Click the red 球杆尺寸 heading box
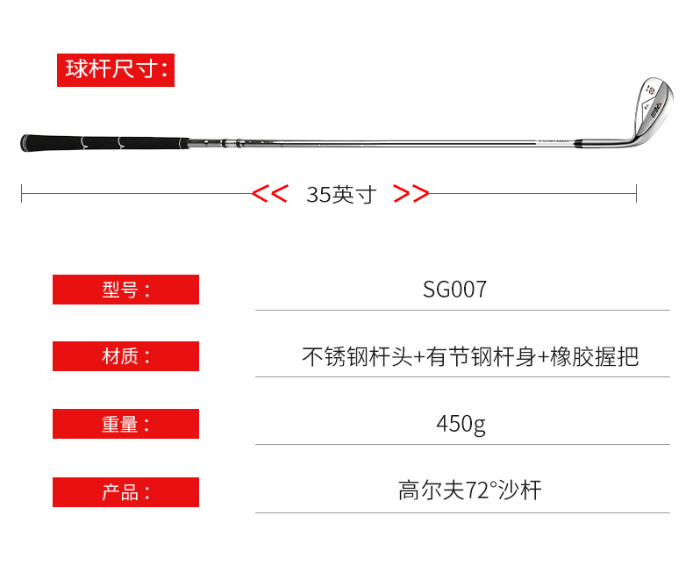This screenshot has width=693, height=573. tap(116, 70)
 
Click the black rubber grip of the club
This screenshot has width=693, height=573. tap(105, 142)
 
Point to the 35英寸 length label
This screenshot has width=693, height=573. tap(340, 194)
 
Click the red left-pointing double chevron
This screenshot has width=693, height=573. tap(269, 194)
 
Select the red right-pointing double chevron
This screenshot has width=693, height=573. tap(411, 194)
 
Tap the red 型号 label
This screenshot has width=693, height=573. tap(125, 290)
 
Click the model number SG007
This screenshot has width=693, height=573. tap(454, 290)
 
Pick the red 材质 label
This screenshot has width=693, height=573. tap(125, 356)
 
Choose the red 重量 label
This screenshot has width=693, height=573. tap(125, 424)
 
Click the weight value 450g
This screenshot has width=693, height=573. tap(461, 424)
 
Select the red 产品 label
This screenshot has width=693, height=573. tap(125, 492)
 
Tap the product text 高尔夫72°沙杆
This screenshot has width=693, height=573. tap(469, 490)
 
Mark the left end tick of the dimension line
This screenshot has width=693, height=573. tap(22, 193)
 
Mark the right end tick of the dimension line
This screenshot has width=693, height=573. tap(636, 193)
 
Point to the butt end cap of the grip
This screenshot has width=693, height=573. tap(24, 143)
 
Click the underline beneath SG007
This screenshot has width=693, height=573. tap(462, 310)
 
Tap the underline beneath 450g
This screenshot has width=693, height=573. tap(462, 445)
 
